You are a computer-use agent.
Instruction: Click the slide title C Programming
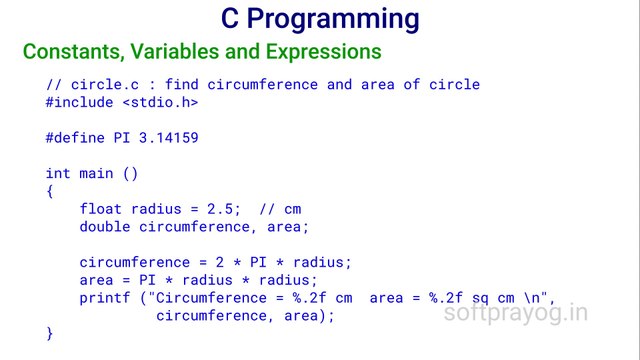tap(319, 19)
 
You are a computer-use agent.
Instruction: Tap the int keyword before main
tap(58, 173)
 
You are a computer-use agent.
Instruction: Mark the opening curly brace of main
tap(50, 190)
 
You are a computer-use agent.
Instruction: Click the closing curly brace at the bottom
tap(50, 333)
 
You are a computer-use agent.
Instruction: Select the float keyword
tap(100, 209)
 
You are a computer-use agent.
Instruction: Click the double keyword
tap(105, 227)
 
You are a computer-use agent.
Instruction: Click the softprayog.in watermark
tap(515, 313)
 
